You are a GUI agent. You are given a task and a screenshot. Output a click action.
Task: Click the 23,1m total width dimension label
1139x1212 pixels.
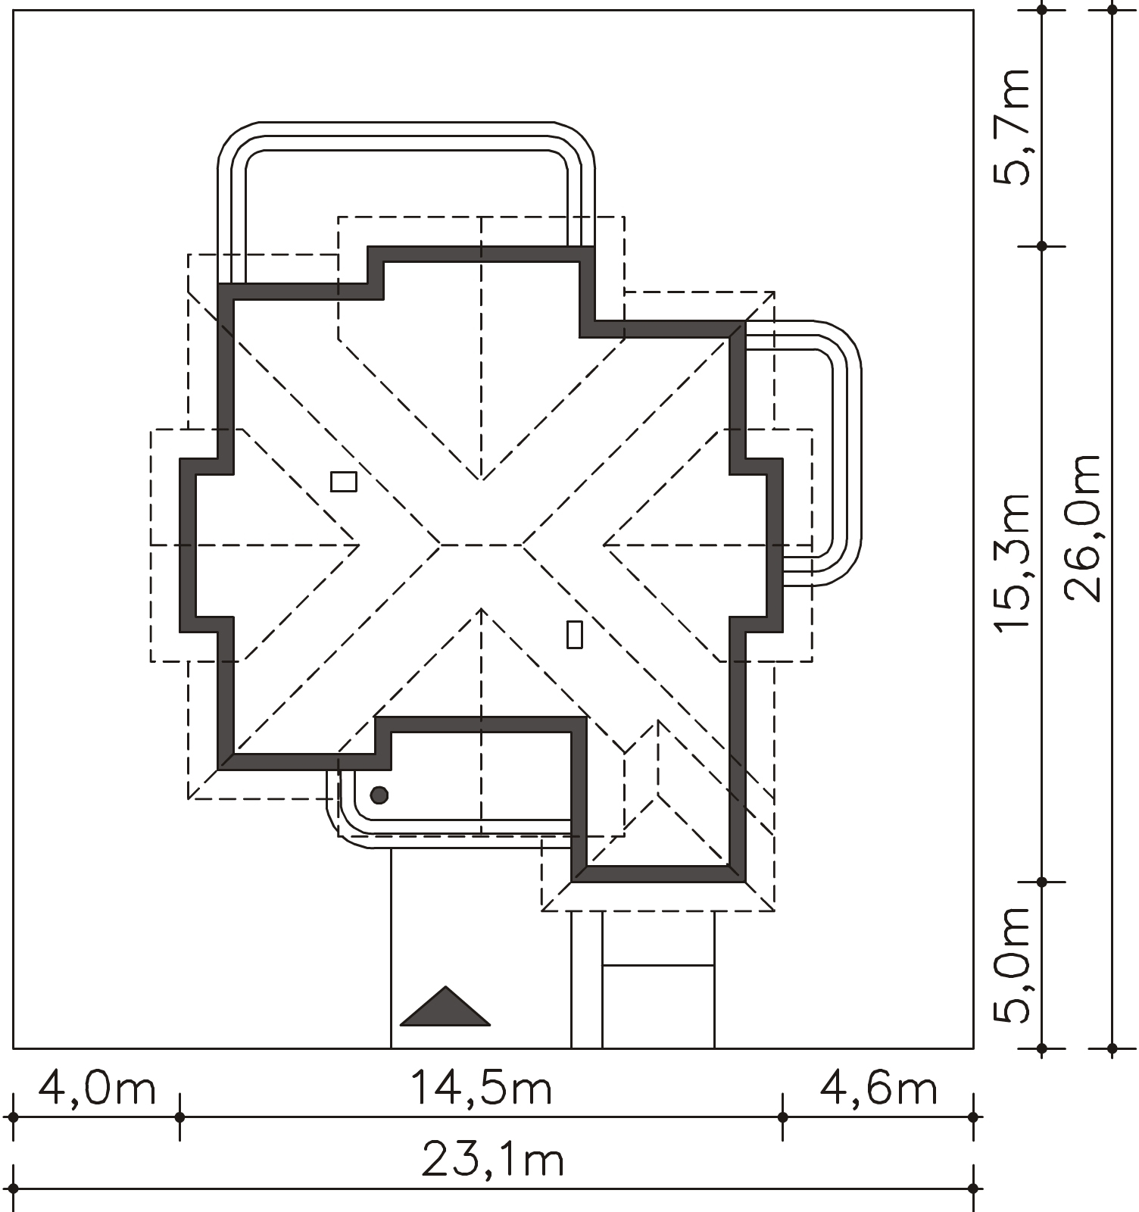492,1160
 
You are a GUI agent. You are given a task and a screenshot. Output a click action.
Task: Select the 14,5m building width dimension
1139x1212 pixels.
481,1089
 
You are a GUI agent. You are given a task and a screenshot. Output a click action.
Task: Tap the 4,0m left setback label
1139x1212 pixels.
97,1089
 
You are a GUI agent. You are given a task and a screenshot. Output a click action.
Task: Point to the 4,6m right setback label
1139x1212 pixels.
878,1089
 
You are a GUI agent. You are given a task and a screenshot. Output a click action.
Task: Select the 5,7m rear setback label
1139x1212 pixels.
1013,127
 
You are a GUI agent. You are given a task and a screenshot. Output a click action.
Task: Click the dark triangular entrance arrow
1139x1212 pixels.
445,1007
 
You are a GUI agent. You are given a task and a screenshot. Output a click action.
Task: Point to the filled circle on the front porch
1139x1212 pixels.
379,795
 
